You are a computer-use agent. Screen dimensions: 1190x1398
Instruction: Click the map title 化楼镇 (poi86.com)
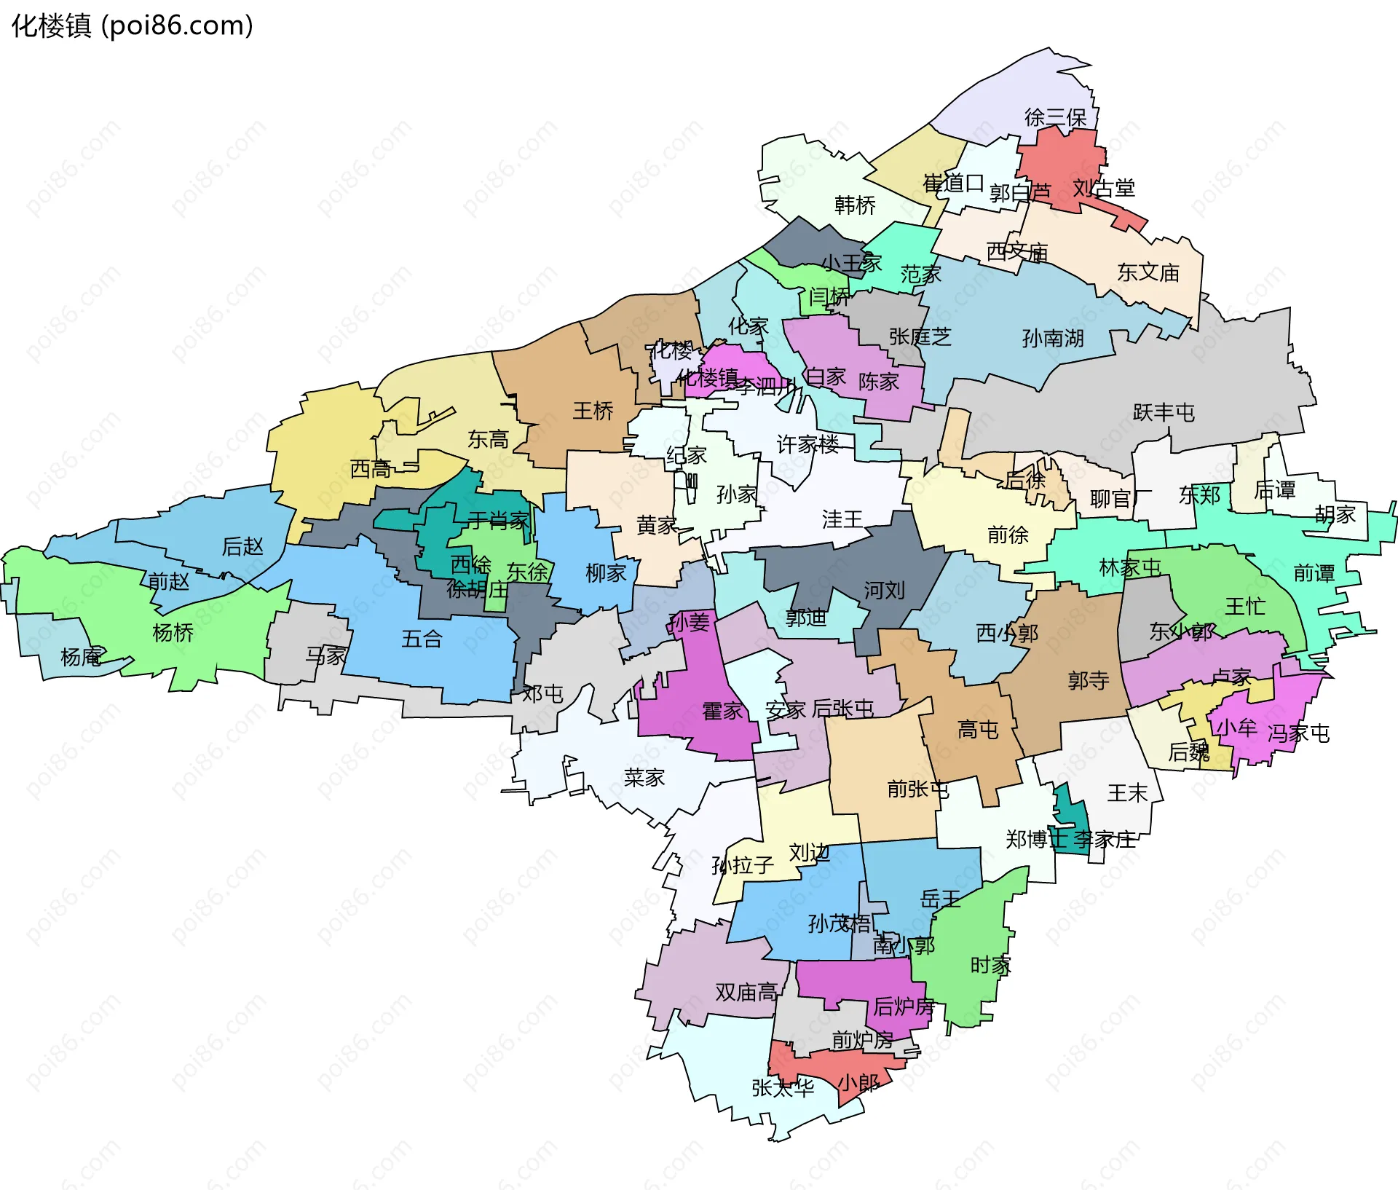[133, 26]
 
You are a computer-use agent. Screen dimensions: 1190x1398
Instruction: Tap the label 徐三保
[1055, 117]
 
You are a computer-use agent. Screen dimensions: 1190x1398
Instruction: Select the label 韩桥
[855, 205]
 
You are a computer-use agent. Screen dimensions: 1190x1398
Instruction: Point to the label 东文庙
[1148, 272]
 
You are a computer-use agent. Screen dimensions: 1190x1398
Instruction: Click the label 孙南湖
[1053, 338]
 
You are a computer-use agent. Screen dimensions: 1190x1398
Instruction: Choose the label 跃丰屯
[1164, 412]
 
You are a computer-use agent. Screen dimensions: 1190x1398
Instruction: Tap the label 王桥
[593, 411]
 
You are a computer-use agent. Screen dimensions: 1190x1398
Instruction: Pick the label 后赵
[242, 545]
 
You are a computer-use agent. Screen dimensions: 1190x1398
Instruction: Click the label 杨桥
[173, 632]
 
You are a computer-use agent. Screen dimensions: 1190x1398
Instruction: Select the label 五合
[422, 639]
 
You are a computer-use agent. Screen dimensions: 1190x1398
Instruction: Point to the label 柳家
[606, 573]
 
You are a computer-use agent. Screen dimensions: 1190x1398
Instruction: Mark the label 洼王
[842, 519]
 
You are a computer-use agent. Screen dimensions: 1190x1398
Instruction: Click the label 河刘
[884, 590]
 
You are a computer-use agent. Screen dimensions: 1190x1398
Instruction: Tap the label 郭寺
[1089, 680]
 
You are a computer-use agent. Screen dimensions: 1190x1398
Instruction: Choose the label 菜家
[644, 778]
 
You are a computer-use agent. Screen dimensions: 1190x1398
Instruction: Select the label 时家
[990, 965]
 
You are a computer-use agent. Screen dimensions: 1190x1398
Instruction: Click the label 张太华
[783, 1087]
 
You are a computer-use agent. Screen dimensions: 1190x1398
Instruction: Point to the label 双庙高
[746, 992]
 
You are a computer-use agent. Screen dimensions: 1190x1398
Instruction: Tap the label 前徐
[1008, 535]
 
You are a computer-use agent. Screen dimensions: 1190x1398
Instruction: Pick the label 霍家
[722, 711]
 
